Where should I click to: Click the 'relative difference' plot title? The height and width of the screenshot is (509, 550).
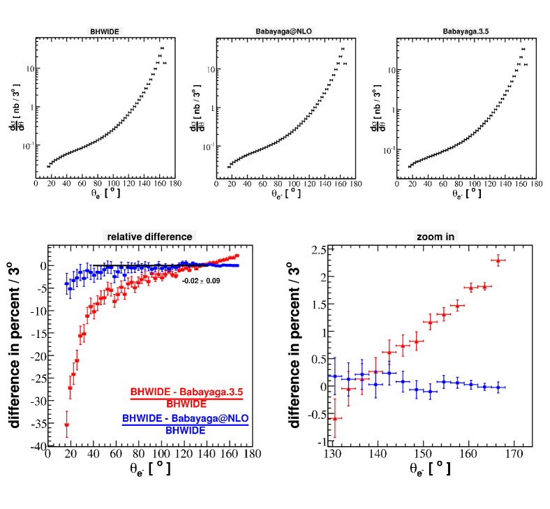(149, 237)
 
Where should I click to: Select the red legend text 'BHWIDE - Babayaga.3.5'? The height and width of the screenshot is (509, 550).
(186, 392)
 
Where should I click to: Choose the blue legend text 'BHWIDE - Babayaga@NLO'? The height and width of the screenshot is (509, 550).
(185, 418)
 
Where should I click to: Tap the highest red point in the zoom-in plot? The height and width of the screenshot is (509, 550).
(498, 260)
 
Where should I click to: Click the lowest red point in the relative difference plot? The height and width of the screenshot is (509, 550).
(67, 425)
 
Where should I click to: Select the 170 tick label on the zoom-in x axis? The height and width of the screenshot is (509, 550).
(513, 454)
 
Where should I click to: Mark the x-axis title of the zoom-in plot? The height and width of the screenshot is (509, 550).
(419, 469)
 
